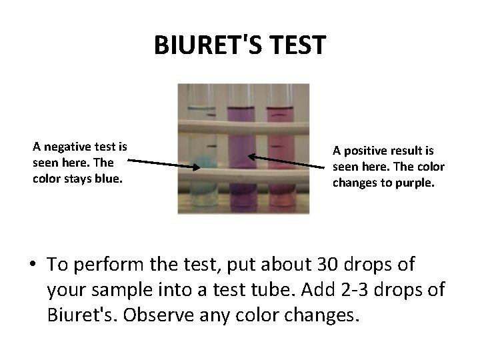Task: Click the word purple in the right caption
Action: pyautogui.click(x=414, y=182)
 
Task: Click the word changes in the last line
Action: pyautogui.click(x=319, y=313)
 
